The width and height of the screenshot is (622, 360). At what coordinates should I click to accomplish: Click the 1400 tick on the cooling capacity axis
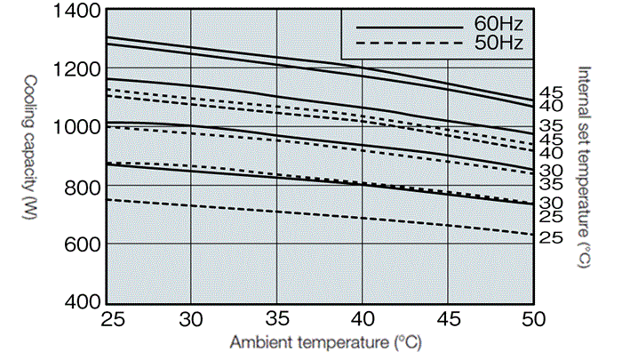[77, 12]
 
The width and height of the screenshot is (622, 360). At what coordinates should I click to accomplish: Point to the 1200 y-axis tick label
[77, 68]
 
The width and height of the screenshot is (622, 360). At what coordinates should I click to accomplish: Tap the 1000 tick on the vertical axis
[77, 126]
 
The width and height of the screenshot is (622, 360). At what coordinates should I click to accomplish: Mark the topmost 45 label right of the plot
[552, 92]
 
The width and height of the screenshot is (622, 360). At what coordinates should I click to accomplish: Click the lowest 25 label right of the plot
[552, 237]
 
